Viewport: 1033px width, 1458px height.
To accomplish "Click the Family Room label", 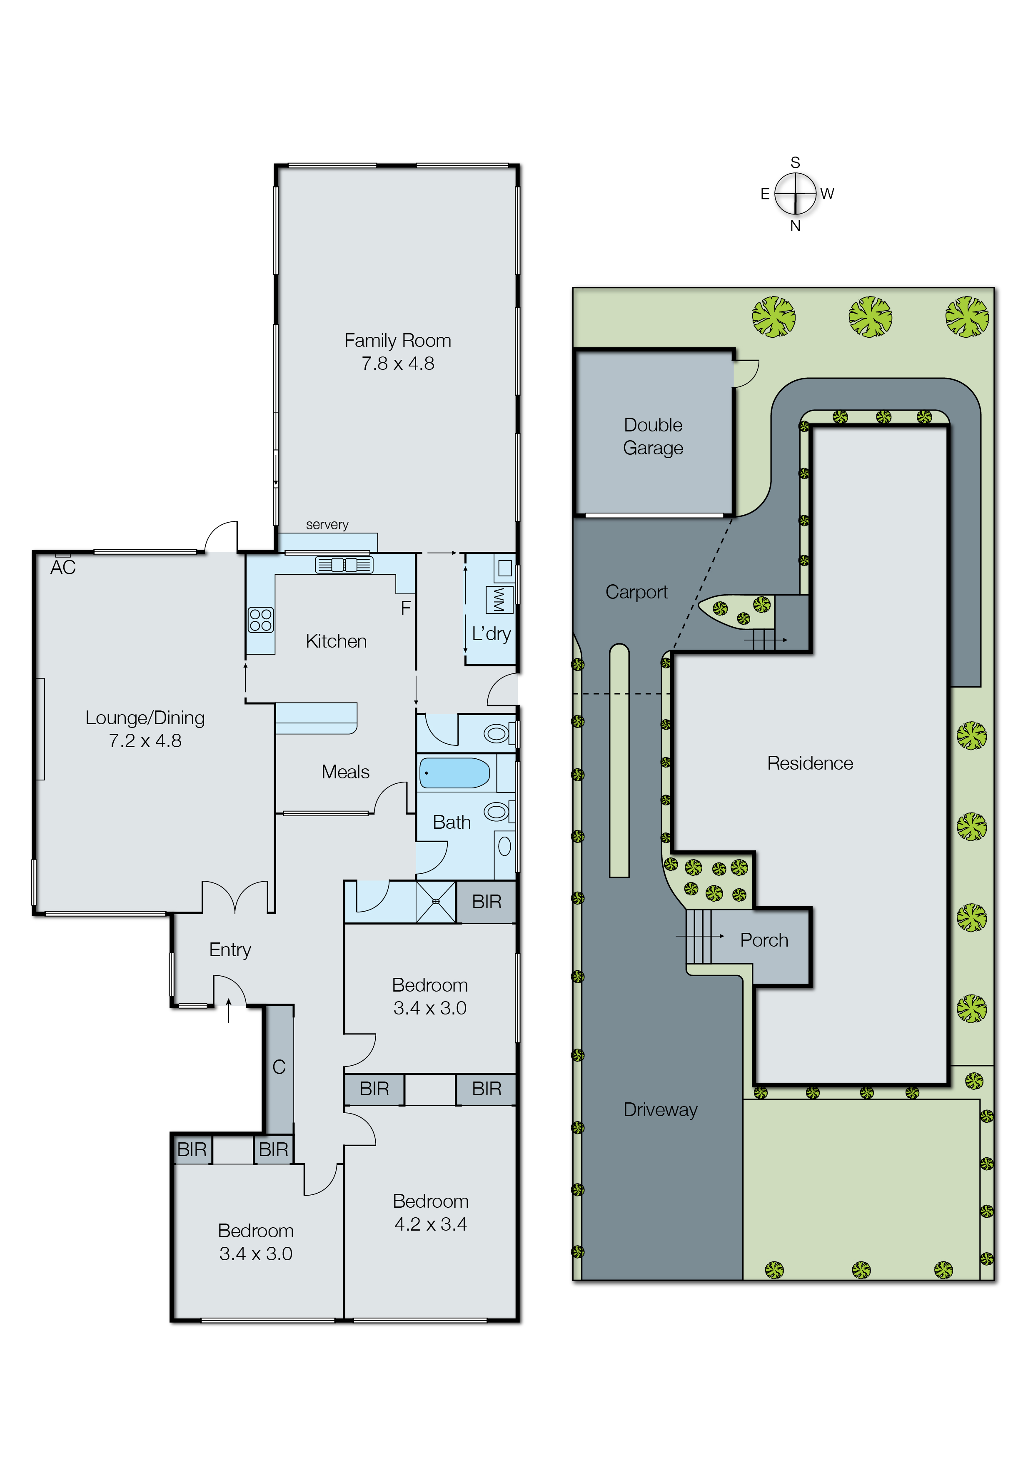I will coord(397,341).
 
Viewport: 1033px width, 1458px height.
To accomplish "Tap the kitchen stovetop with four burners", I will coord(261,620).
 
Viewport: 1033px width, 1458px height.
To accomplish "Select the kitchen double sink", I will coord(344,565).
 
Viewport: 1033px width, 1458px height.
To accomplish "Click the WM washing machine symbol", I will coord(499,600).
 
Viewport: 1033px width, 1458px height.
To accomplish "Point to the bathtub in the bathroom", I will coord(454,773).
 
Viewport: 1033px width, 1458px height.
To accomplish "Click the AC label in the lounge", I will coord(63,567).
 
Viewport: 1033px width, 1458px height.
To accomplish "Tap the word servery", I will coord(327,525).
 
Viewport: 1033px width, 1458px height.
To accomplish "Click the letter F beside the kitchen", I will coord(405,608).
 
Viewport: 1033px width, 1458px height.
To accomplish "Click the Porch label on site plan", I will coord(764,940).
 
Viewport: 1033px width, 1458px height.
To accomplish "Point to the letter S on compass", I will coord(795,163).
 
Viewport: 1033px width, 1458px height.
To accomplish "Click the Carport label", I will coord(636,592).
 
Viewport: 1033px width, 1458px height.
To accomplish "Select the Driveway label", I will coord(660,1109).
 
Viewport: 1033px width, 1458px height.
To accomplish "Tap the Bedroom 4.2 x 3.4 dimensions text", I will coord(431,1224).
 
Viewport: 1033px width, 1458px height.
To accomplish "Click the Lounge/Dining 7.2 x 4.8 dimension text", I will coord(145,741).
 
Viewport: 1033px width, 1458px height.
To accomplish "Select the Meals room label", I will coord(345,772).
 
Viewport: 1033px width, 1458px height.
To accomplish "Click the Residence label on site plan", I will coord(810,763).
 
